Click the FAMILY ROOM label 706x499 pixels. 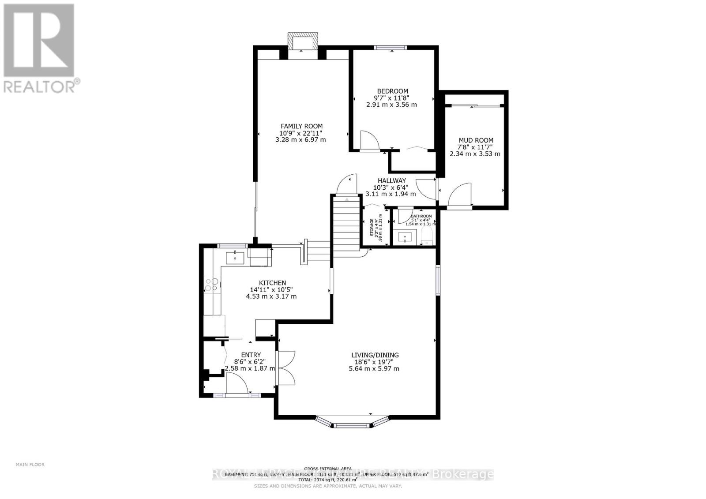(301, 126)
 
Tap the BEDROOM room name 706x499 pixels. (392, 91)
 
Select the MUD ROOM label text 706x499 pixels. (476, 140)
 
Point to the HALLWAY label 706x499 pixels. (391, 180)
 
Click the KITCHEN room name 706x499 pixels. (272, 283)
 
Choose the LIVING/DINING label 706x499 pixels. (375, 355)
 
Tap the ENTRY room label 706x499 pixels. (251, 355)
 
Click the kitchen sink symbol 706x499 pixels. (235, 257)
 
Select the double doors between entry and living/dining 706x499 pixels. (285, 368)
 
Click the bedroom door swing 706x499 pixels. (369, 140)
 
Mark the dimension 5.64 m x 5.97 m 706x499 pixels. (374, 369)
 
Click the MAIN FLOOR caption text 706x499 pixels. (30, 464)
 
